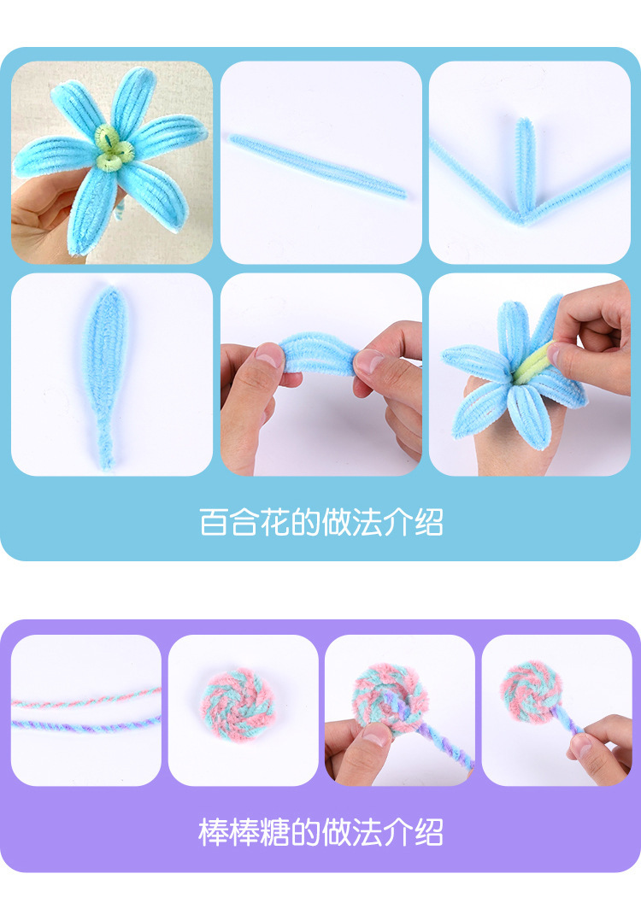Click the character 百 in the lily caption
213,522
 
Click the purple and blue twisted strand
85,726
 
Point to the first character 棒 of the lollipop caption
213,831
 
